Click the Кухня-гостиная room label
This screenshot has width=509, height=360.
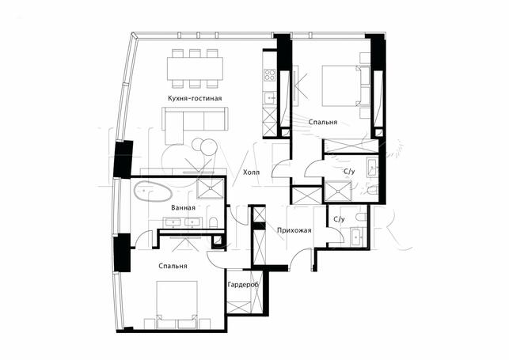coord(195,98)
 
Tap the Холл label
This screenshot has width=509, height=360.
coord(251,172)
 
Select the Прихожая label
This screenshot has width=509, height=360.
coord(294,230)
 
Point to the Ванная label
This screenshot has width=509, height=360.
coord(183,207)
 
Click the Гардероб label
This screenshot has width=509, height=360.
coord(243,285)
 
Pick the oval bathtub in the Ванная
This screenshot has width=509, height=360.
coord(153,191)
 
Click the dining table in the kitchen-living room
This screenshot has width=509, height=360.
coord(195,68)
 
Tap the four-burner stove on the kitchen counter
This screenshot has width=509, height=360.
coord(269,75)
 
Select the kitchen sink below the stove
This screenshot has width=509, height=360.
coord(269,97)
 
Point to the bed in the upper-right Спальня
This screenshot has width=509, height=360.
coord(345,85)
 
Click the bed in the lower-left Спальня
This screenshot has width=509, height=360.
coord(177,305)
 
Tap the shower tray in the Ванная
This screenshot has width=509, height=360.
coord(211,188)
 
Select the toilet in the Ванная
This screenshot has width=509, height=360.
coord(213,222)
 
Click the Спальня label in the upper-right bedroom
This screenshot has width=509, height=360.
coord(323,122)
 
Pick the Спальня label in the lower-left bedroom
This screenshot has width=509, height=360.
coord(173,266)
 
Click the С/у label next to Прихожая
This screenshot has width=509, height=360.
coord(339,219)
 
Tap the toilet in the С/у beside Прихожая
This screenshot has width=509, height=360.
coord(361,217)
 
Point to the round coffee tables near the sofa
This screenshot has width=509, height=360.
coord(204,146)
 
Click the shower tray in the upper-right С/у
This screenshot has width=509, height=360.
coord(338,191)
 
